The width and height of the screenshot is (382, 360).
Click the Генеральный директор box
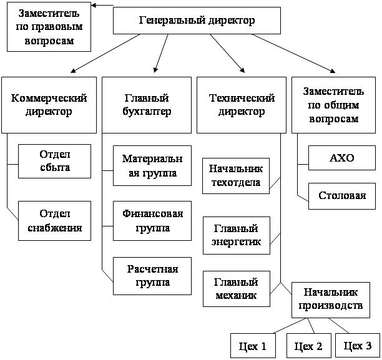click(x=196, y=20)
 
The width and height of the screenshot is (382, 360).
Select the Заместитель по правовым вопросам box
click(x=49, y=28)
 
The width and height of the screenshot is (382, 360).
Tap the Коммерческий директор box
click(x=49, y=105)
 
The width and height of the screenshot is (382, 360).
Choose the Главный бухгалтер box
click(x=148, y=105)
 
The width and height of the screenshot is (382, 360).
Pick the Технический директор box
click(x=242, y=105)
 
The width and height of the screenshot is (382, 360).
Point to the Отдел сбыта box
click(x=55, y=161)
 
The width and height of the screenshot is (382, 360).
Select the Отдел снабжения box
click(x=55, y=220)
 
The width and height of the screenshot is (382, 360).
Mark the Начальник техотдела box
click(x=237, y=175)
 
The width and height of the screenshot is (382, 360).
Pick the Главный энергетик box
click(x=237, y=235)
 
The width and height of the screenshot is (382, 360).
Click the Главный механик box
click(x=237, y=289)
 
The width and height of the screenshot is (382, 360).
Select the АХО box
click(x=341, y=158)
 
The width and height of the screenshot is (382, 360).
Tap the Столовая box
click(x=341, y=196)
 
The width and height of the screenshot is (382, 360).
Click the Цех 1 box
click(x=253, y=346)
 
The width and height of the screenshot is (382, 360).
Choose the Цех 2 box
click(x=307, y=346)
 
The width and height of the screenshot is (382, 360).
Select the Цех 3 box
click(x=358, y=346)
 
